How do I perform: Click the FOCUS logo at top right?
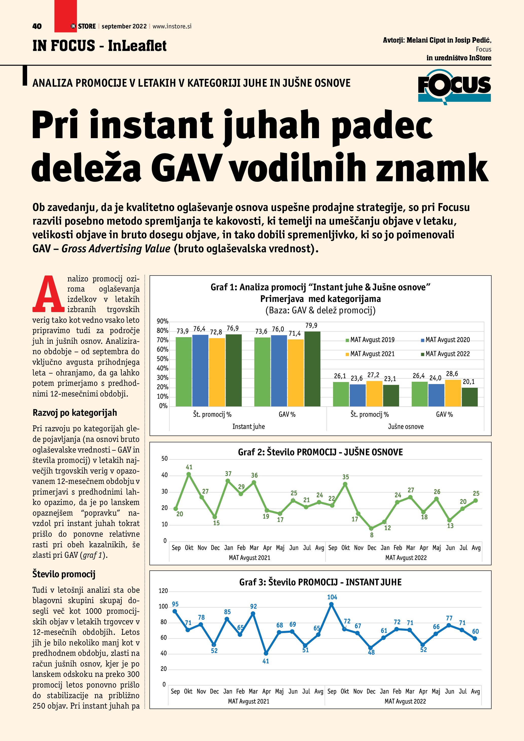point(454,86)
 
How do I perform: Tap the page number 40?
point(37,26)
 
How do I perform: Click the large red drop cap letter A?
point(48,294)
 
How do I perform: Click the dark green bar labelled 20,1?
point(469,397)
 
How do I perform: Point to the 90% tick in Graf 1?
point(162,321)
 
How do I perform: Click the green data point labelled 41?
point(189,474)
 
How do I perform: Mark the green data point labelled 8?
point(371,528)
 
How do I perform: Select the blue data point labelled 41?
point(266,654)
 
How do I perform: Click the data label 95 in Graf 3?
point(175,604)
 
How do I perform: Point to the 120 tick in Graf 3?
point(163,591)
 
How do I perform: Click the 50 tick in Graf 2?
point(165,459)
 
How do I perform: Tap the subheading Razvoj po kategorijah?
point(75,413)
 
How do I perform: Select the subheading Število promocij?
point(64,574)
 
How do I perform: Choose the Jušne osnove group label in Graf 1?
point(406,427)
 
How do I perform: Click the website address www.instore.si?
point(172,26)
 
